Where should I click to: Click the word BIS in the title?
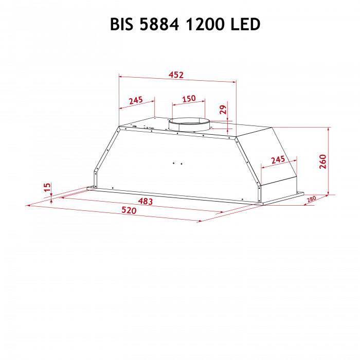tap(122, 24)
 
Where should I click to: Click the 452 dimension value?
tap(176, 75)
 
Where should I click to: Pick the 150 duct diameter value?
tap(189, 98)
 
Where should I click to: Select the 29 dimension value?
tap(223, 109)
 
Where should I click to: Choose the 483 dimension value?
tap(146, 202)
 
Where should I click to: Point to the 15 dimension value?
tap(47, 188)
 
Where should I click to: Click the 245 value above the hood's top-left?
tap(136, 100)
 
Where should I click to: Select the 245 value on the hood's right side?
tap(278, 159)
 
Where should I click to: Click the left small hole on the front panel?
tap(174, 164)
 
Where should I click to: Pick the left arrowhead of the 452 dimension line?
tap(121, 76)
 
